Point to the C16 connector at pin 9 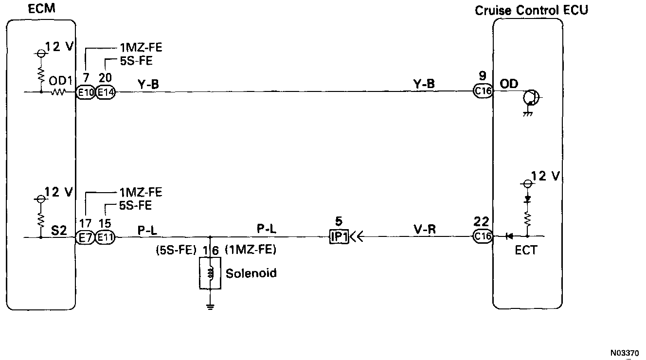click(483, 91)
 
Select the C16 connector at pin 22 click(483, 237)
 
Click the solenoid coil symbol click(210, 273)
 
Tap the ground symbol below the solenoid click(210, 306)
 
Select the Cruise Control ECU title click(531, 10)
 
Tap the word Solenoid click(251, 273)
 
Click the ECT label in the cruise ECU click(525, 250)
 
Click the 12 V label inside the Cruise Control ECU click(545, 176)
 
